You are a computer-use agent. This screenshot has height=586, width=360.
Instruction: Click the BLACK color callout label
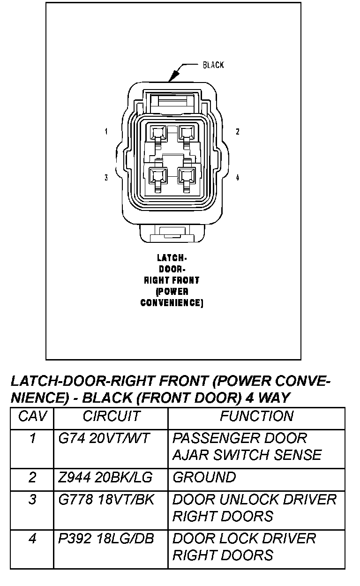click(x=213, y=65)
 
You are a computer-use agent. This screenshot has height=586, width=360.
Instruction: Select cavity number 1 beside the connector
click(x=106, y=132)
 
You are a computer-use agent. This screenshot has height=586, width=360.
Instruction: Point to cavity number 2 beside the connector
click(x=238, y=132)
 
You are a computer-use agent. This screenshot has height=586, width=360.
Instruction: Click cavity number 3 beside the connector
click(x=106, y=177)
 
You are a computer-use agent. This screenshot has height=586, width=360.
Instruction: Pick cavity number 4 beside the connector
click(x=238, y=177)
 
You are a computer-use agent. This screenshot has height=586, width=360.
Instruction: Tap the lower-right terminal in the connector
click(x=187, y=177)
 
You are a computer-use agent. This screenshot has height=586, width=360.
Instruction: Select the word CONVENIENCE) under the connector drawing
click(x=172, y=303)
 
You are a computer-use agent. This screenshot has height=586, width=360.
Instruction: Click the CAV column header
click(x=32, y=416)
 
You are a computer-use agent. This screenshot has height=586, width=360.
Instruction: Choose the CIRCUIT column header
click(x=111, y=416)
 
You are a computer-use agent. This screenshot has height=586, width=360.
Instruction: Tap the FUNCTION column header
click(x=257, y=416)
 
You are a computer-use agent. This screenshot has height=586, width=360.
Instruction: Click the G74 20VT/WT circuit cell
click(x=104, y=439)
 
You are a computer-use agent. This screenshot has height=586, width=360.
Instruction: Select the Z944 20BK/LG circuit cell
click(x=105, y=478)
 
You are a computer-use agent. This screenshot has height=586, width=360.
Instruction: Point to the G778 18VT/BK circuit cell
click(x=106, y=500)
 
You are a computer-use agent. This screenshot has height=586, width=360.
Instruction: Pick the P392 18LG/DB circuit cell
click(x=106, y=539)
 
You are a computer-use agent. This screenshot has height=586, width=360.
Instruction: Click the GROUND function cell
click(x=204, y=478)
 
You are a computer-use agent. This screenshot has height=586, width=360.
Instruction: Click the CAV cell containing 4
click(x=32, y=539)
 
